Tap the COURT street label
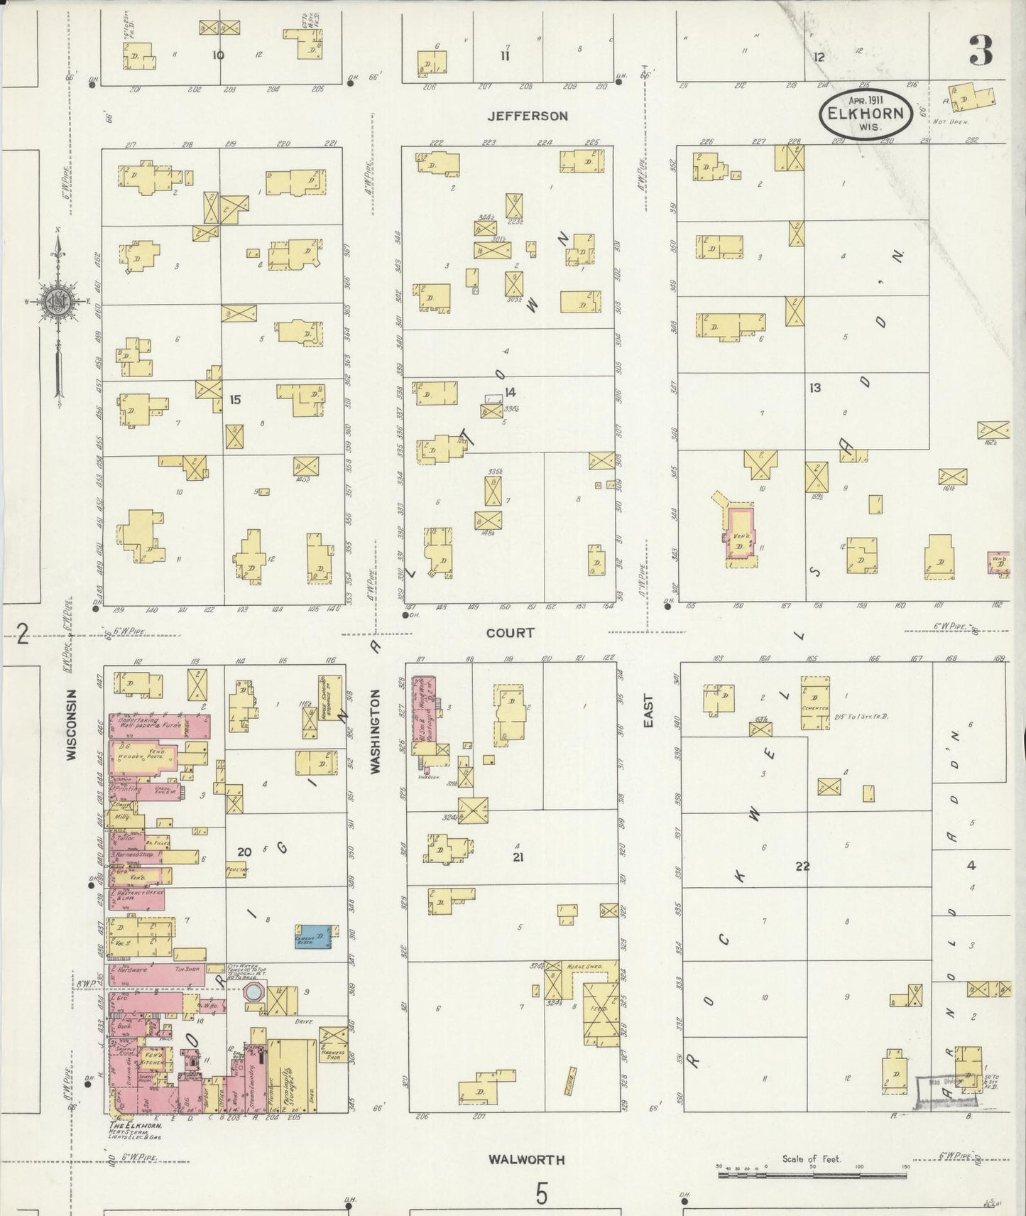tap(511, 632)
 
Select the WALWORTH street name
tap(526, 1160)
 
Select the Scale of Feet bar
tap(812, 1176)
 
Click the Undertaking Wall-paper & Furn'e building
tap(160, 727)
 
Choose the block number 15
tap(235, 400)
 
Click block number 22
tap(802, 866)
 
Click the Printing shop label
tap(132, 788)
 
